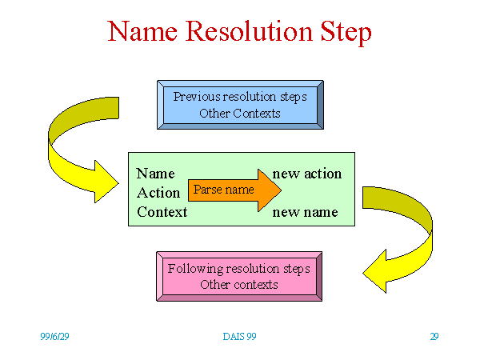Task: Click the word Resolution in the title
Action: pos(250,31)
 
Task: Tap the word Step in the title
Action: pos(346,33)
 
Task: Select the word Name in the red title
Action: pos(142,31)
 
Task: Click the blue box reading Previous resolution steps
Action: pos(240,105)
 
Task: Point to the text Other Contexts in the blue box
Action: pos(240,114)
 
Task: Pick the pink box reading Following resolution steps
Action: pos(239,277)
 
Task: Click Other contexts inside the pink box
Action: pos(239,285)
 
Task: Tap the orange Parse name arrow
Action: pos(234,190)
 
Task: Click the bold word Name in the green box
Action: pos(155,174)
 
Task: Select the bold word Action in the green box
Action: pos(158,193)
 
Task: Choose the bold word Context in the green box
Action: pos(162,212)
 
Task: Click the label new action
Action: pos(307,174)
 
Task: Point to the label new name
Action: pos(306,212)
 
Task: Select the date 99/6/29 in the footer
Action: pos(54,337)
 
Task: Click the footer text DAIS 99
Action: pos(239,337)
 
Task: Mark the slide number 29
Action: pos(434,337)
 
